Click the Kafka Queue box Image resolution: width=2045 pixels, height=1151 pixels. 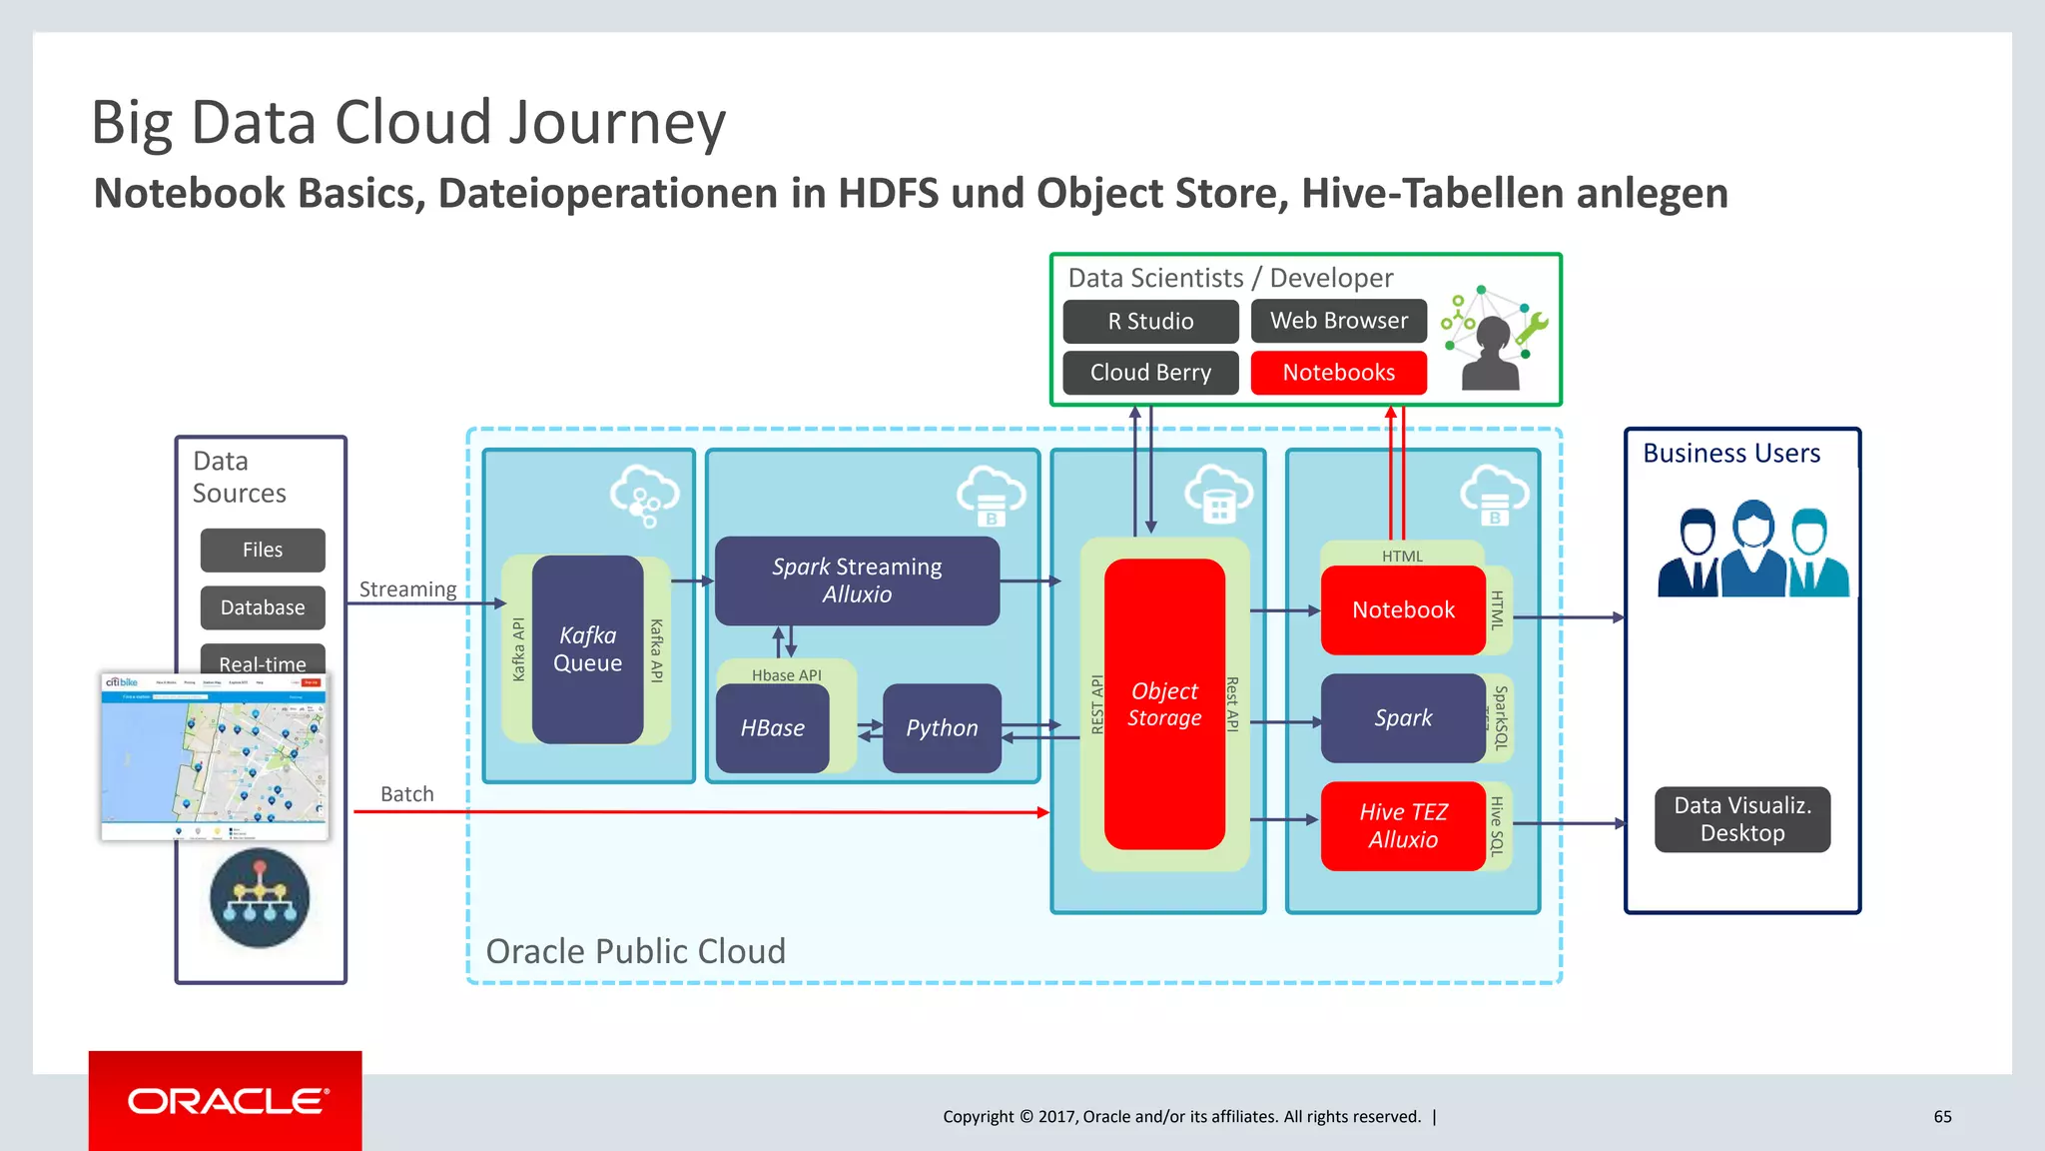click(x=587, y=649)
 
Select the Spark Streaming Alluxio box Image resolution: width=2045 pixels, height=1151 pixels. click(x=857, y=580)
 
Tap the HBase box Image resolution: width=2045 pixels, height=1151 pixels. click(x=772, y=728)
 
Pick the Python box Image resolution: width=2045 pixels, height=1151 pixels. click(x=941, y=728)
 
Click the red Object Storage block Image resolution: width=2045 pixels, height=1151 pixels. click(x=1164, y=704)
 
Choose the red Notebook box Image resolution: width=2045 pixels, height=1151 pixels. click(x=1402, y=610)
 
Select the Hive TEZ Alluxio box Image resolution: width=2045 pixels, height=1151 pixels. click(x=1402, y=826)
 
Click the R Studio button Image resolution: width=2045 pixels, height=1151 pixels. click(x=1150, y=322)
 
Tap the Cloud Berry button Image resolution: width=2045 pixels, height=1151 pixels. click(x=1150, y=373)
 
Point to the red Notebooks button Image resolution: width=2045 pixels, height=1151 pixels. click(x=1338, y=373)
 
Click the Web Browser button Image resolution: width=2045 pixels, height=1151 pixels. click(x=1338, y=321)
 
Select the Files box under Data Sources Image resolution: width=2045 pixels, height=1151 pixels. click(x=263, y=551)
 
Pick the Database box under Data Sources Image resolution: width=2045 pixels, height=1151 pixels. click(x=263, y=607)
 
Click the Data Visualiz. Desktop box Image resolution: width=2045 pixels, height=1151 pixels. click(x=1741, y=819)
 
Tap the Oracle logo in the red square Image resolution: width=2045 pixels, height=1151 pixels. click(x=226, y=1101)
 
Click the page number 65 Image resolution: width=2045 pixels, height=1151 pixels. click(x=1942, y=1117)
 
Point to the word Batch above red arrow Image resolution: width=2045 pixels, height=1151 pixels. click(x=407, y=794)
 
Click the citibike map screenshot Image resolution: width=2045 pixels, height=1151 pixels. click(x=215, y=756)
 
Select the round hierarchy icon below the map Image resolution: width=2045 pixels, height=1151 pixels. click(x=260, y=897)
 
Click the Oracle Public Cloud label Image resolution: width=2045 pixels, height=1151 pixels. click(x=635, y=951)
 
